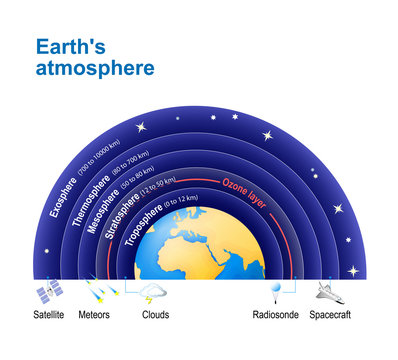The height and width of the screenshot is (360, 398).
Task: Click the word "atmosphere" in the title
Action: [x=95, y=68]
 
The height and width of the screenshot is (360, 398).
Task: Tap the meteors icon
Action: [x=100, y=292]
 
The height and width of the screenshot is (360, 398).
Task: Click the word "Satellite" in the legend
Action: [x=49, y=313]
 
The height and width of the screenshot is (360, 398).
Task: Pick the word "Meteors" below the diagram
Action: [x=100, y=313]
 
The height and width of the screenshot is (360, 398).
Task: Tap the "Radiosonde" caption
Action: [x=273, y=313]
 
